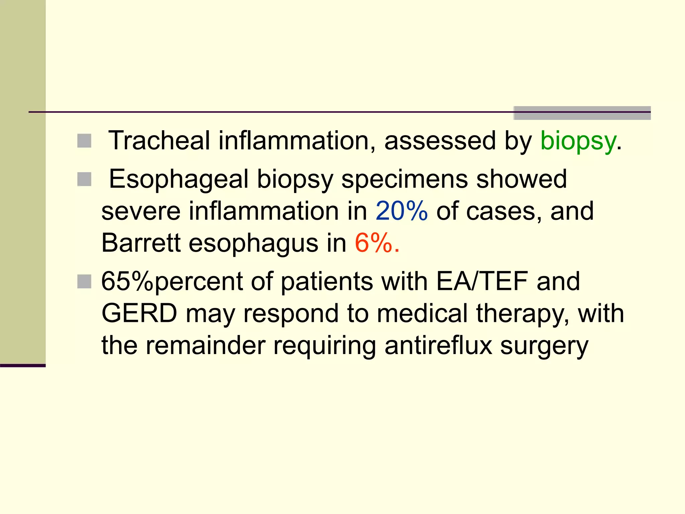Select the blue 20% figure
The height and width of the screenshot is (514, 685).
[x=401, y=211]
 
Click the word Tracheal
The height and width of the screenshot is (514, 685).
[x=159, y=141]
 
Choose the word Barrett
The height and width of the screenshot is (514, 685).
[x=141, y=243]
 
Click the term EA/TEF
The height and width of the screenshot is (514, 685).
[x=482, y=281]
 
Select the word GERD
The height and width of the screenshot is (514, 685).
[x=139, y=314]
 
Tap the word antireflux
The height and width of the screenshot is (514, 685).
[x=438, y=345]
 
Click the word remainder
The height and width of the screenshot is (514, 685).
[x=205, y=345]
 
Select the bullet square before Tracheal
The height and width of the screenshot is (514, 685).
[x=84, y=141]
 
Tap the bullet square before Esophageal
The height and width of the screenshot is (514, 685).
[x=84, y=179]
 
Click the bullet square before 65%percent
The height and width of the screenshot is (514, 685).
[x=84, y=281]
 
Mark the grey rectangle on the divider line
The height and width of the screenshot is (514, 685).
[x=582, y=113]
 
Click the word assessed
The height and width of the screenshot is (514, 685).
[x=440, y=141]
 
